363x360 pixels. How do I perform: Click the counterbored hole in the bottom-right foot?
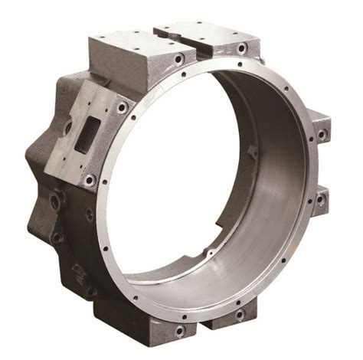point(240,315)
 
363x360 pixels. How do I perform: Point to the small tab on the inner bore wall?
point(253,151)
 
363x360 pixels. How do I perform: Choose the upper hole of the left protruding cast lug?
point(54,201)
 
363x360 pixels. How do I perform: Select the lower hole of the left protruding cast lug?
point(55,236)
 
